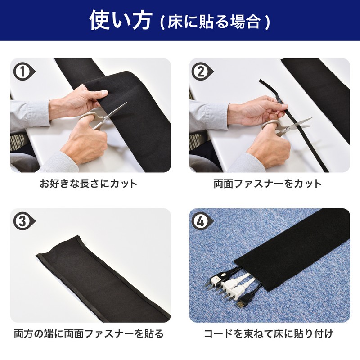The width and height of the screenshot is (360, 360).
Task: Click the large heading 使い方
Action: pos(121,20)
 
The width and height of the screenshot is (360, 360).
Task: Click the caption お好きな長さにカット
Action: pos(89,184)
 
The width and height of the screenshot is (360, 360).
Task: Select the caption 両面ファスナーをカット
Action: pos(268,184)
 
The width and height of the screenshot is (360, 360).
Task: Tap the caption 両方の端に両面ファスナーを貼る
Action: pos(89,333)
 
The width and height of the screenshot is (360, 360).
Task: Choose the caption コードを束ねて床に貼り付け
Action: pos(269,333)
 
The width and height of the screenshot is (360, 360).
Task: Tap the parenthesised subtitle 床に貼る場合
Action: pos(215,22)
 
